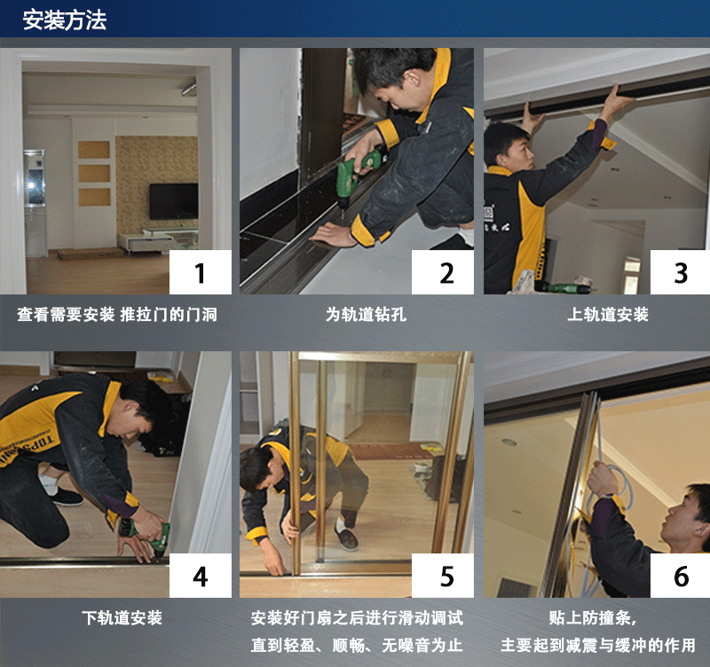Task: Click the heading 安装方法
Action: pyautogui.click(x=65, y=20)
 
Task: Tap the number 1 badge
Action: pyautogui.click(x=201, y=272)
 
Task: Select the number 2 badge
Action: pyautogui.click(x=443, y=272)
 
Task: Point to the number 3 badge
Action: pyautogui.click(x=680, y=272)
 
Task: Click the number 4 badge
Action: pyautogui.click(x=201, y=576)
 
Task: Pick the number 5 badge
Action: pyautogui.click(x=443, y=576)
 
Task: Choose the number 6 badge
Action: pyautogui.click(x=680, y=576)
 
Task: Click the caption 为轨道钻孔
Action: pyautogui.click(x=366, y=315)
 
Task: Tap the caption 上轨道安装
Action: pyautogui.click(x=608, y=315)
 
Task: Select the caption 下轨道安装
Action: pyautogui.click(x=122, y=617)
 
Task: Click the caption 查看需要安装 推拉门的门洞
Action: pyautogui.click(x=117, y=315)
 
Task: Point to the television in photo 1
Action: pyautogui.click(x=174, y=201)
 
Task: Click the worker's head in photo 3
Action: pyautogui.click(x=509, y=145)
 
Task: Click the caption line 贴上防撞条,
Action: pyautogui.click(x=593, y=617)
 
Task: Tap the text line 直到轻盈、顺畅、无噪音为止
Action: pyautogui.click(x=357, y=645)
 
